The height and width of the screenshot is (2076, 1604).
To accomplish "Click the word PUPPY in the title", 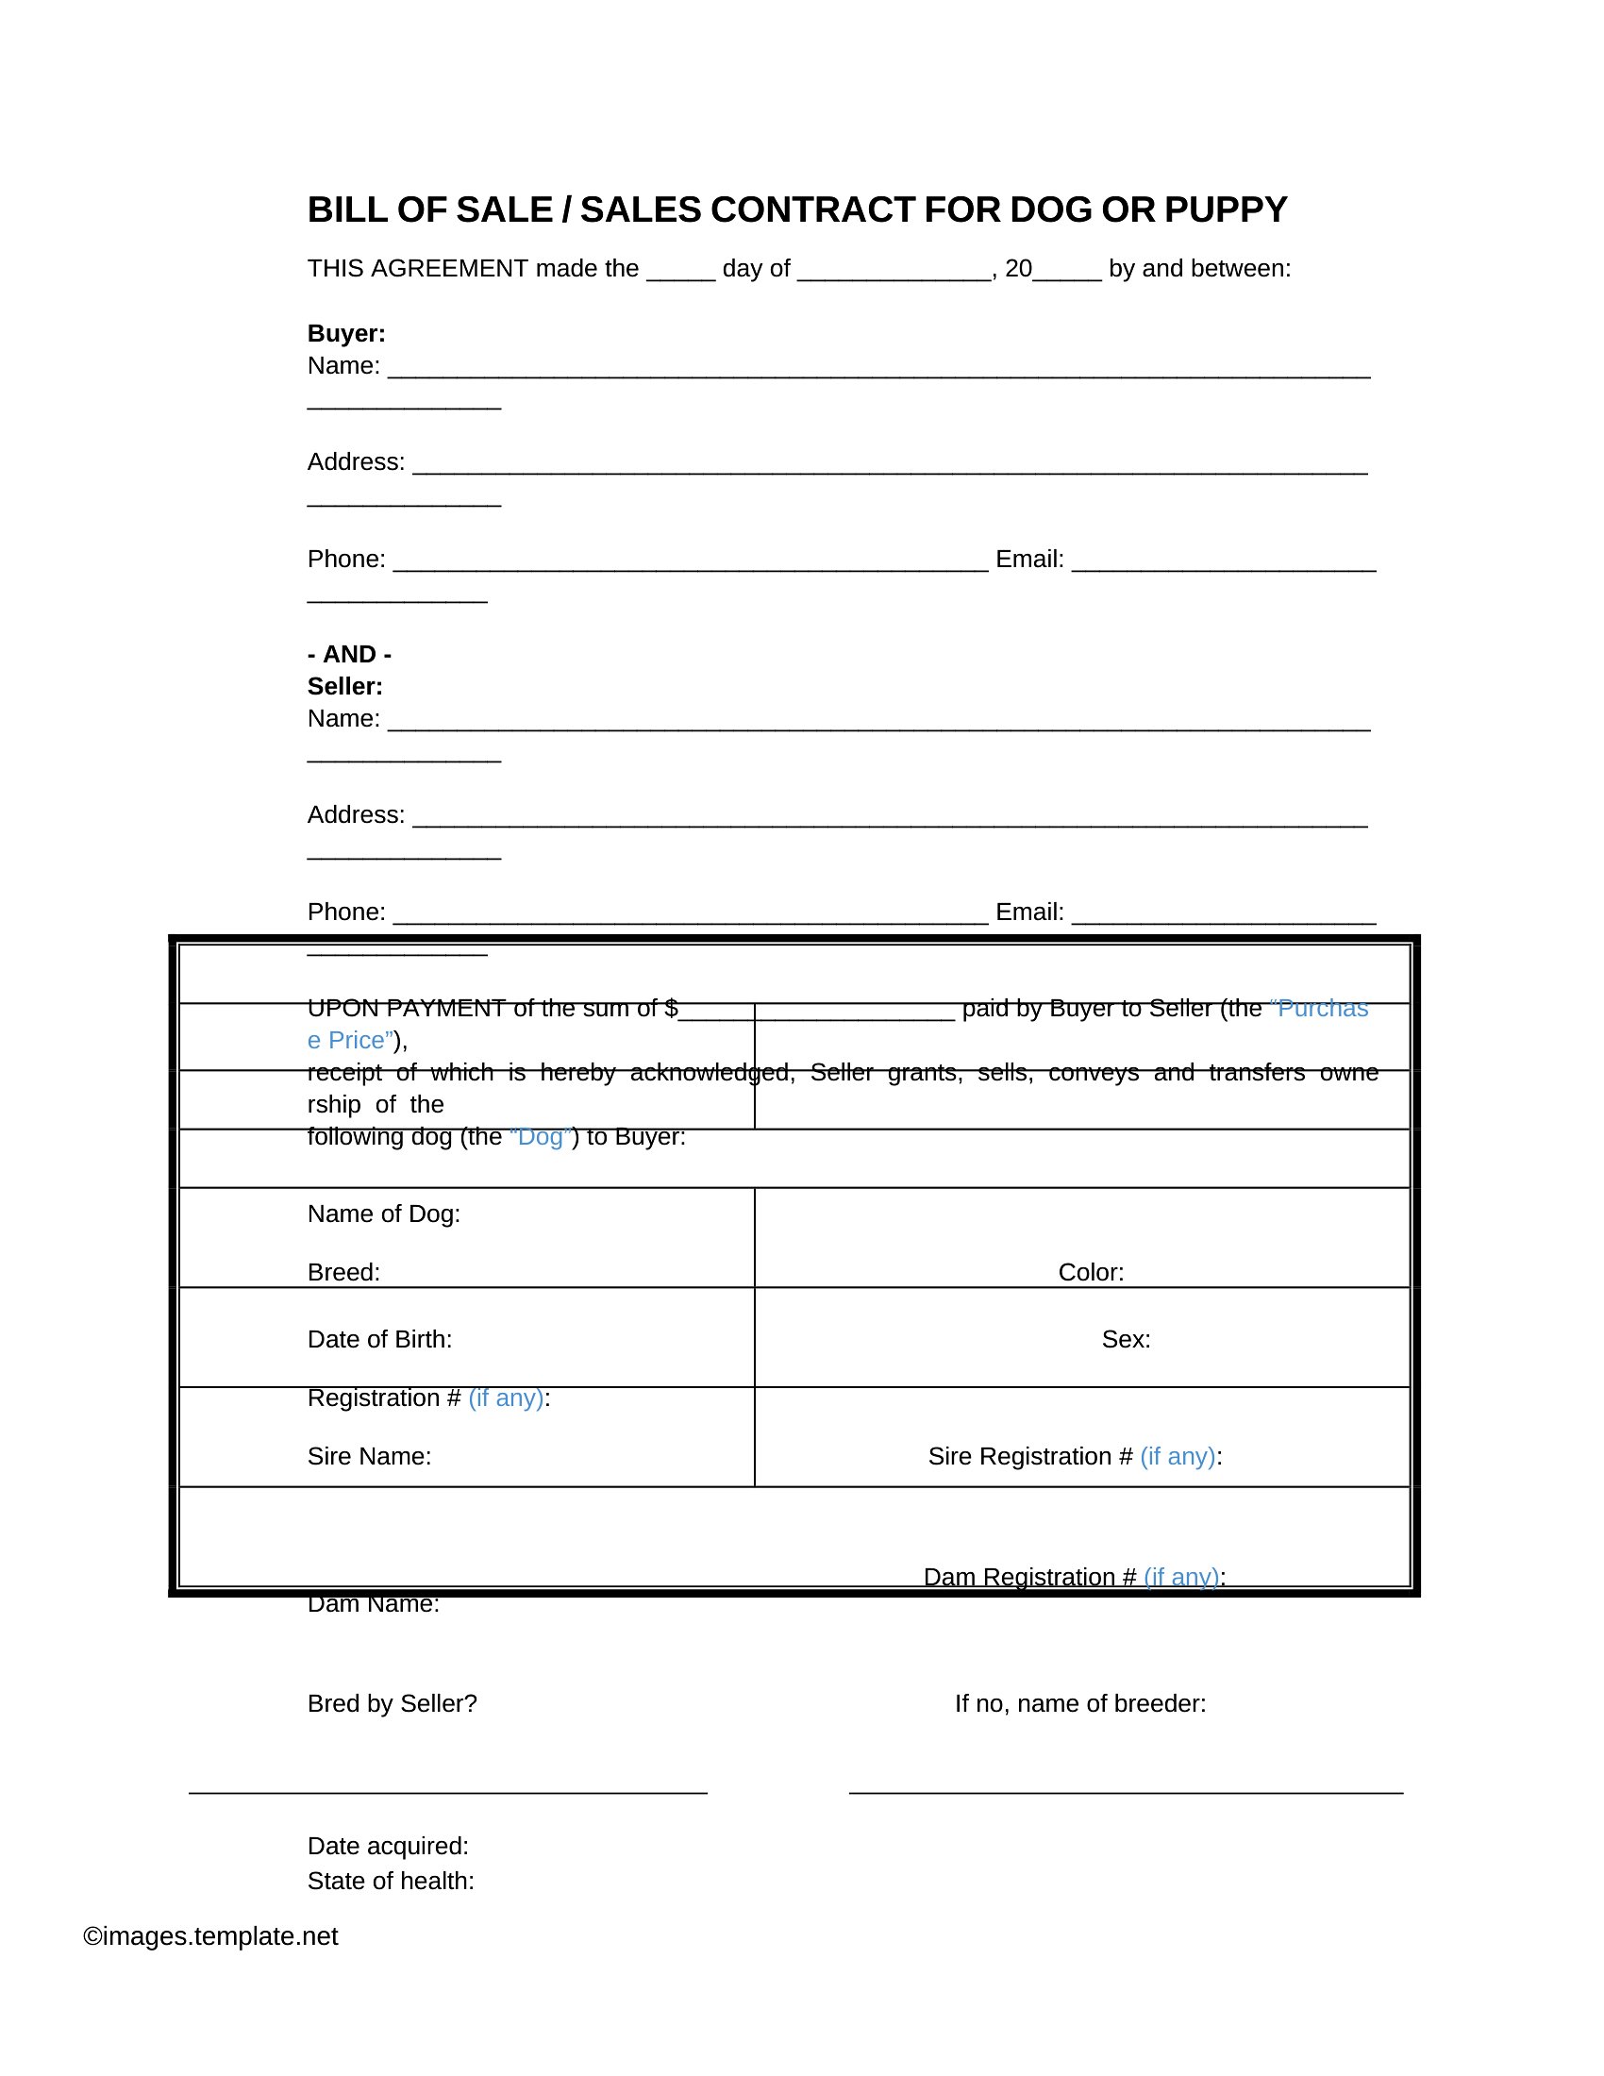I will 1225,210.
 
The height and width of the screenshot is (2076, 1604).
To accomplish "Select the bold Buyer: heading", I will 346,334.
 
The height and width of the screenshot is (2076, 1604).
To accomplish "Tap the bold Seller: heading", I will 345,686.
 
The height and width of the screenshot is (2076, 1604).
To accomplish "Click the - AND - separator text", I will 350,654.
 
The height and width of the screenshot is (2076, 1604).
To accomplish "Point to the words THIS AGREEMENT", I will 417,269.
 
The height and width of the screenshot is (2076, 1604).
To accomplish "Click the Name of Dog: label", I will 384,1214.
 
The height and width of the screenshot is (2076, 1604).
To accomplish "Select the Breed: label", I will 343,1273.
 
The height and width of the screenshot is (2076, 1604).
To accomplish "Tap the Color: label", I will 1091,1273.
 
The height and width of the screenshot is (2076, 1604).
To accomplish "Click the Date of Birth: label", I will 379,1339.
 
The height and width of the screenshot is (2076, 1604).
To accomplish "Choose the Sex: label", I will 1126,1339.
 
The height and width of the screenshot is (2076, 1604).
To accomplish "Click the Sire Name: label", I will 369,1456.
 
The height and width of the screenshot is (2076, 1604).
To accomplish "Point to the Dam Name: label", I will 374,1604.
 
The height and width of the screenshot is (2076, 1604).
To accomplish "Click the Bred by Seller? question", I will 392,1703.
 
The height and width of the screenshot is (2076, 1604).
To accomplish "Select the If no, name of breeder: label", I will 1080,1703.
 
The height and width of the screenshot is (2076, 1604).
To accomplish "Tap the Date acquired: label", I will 388,1846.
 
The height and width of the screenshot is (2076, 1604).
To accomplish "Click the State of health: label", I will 391,1881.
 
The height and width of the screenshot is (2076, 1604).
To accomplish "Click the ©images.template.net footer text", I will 210,1936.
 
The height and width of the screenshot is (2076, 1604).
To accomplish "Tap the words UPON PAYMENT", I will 406,1009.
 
